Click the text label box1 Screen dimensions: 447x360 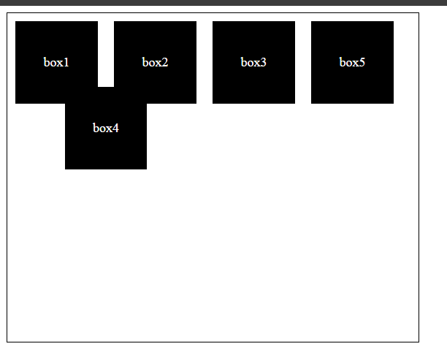point(56,62)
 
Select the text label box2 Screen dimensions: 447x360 point(155,62)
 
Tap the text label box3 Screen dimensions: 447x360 point(253,62)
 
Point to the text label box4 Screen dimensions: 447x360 point(106,128)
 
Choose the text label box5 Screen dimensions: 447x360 point(352,62)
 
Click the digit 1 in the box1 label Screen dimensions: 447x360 point(66,62)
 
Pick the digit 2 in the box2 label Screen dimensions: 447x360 point(165,62)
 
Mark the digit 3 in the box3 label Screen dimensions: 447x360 point(264,62)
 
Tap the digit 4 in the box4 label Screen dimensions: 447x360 point(115,128)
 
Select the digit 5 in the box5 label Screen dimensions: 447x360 point(362,62)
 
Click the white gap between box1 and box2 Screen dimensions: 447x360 point(106,54)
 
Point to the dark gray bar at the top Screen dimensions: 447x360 point(223,3)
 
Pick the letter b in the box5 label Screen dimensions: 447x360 point(342,62)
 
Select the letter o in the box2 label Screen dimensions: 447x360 point(152,64)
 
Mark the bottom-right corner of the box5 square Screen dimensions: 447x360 point(394,104)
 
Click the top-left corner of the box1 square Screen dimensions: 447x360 point(15,21)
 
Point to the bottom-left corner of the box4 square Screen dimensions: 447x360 point(65,169)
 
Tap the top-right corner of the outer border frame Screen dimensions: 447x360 point(419,13)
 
